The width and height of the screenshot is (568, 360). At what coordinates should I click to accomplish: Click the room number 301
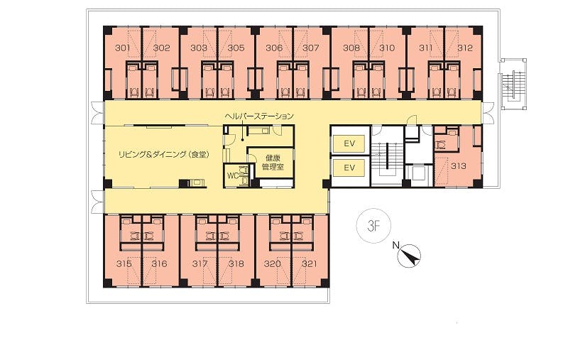[122, 48]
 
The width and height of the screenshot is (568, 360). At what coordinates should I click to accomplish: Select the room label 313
[458, 166]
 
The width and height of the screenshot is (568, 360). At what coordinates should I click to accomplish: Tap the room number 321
[310, 263]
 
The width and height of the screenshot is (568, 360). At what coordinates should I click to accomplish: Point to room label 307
[310, 48]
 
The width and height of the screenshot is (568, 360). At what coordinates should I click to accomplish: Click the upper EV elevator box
[349, 143]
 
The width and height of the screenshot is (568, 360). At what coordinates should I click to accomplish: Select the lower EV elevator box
[349, 168]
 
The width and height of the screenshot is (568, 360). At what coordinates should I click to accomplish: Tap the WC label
[233, 175]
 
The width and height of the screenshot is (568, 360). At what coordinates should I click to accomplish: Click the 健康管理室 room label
[273, 163]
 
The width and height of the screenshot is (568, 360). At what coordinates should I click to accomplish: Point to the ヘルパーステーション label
[259, 116]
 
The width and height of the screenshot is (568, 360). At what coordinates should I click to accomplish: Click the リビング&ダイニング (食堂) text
[164, 155]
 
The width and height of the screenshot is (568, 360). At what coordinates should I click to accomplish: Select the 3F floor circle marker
[374, 227]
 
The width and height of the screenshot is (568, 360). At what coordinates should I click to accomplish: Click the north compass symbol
[410, 256]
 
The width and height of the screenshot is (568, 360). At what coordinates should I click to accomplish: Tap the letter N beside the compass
[395, 246]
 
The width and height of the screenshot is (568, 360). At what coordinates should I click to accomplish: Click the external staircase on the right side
[513, 84]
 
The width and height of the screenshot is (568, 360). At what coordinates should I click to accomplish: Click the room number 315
[124, 263]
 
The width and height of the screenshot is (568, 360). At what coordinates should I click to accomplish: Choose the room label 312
[465, 48]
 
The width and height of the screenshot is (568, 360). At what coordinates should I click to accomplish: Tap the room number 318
[236, 263]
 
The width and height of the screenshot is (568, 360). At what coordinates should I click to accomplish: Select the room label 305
[236, 48]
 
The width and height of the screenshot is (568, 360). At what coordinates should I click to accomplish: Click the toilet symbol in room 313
[441, 145]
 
